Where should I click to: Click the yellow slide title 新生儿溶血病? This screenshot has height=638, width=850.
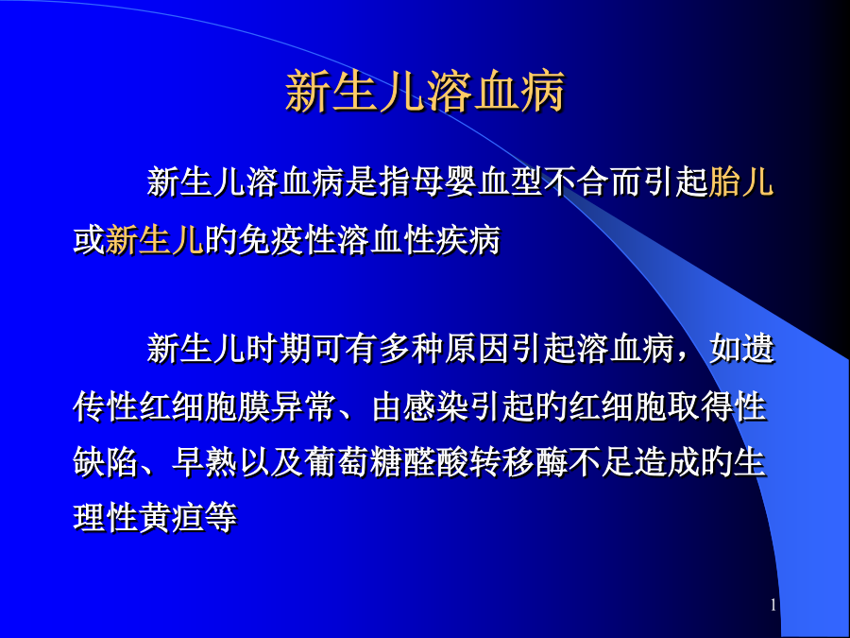[x=426, y=91]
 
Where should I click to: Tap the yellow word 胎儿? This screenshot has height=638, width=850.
[x=740, y=181]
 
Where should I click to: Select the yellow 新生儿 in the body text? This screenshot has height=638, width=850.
[x=155, y=239]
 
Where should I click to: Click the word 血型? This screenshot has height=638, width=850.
[x=511, y=181]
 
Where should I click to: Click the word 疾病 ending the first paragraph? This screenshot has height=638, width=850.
[x=467, y=239]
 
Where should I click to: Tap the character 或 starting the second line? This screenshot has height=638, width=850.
[x=89, y=239]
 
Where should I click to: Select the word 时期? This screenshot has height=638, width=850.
[x=279, y=348]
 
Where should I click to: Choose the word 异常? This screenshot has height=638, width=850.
[x=302, y=405]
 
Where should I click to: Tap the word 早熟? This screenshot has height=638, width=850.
[x=204, y=462]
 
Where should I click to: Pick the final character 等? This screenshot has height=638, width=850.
[x=221, y=518]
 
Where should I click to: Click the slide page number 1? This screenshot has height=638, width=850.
[x=773, y=606]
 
